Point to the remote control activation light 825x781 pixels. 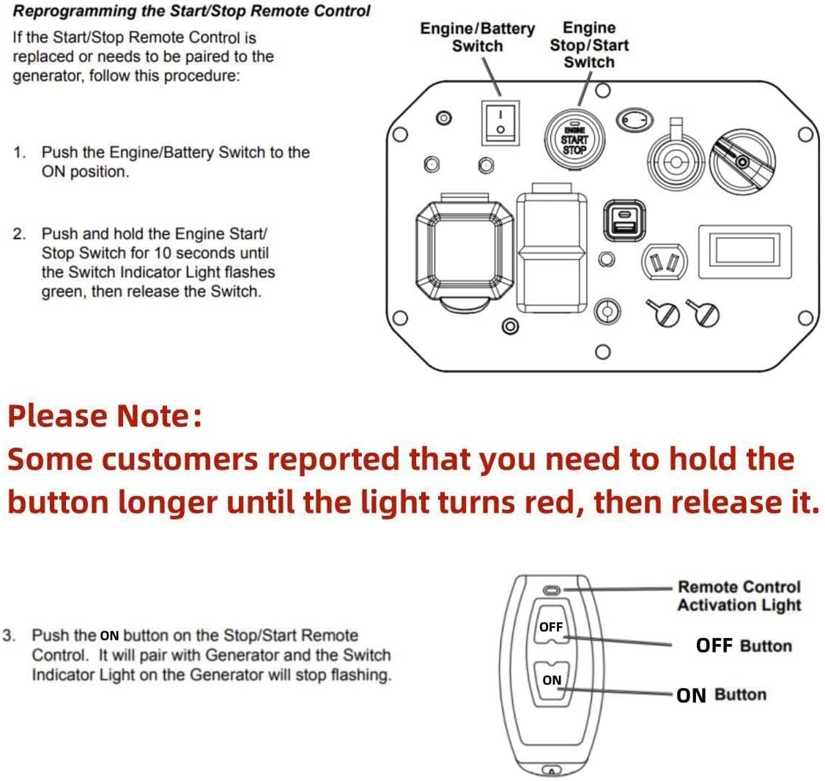(x=551, y=590)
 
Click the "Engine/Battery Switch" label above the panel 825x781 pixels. (x=477, y=37)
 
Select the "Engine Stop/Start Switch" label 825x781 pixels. (x=589, y=45)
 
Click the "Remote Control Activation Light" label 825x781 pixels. (x=739, y=596)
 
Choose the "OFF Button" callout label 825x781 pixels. (x=744, y=645)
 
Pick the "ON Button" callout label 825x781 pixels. (x=721, y=695)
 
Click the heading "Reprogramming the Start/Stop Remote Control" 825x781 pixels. (x=193, y=12)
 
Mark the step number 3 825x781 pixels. (x=9, y=635)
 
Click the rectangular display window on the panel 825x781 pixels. (x=744, y=251)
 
